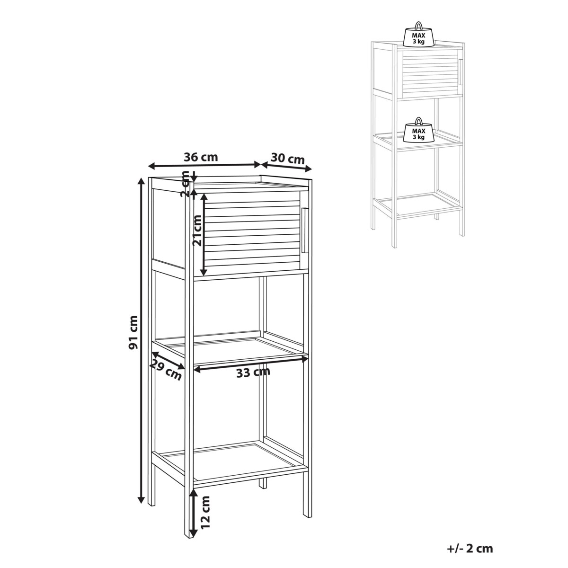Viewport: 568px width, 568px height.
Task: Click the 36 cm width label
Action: coord(201,157)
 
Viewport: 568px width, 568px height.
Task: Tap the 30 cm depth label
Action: coord(287,159)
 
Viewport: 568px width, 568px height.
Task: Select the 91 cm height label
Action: coord(133,332)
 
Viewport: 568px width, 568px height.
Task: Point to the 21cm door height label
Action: coord(197,231)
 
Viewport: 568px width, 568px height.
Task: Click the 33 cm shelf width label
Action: coord(253,373)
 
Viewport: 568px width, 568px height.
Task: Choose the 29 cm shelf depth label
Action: coord(165,371)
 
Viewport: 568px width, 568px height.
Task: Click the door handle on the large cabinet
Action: coord(304,231)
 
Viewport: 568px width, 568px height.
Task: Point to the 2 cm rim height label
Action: coord(186,184)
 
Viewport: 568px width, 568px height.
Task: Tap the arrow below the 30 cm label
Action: coord(286,167)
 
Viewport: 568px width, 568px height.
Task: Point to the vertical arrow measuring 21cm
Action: coord(203,235)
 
